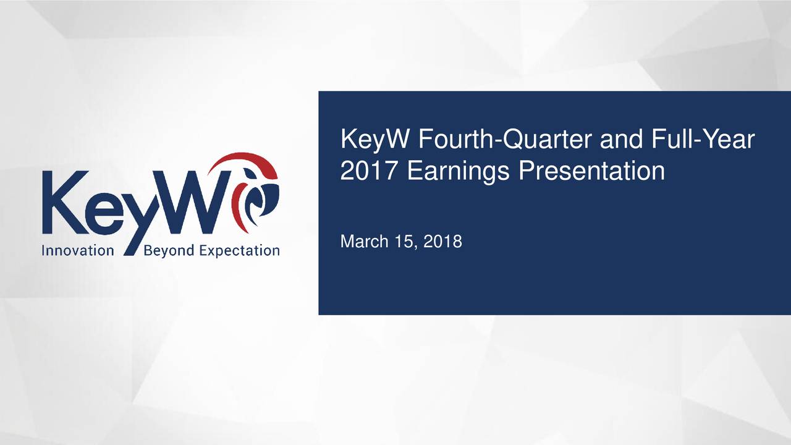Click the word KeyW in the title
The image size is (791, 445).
(374, 141)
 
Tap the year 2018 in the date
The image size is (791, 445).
(444, 241)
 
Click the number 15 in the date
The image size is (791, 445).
(407, 241)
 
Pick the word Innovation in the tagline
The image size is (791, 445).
(78, 250)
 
